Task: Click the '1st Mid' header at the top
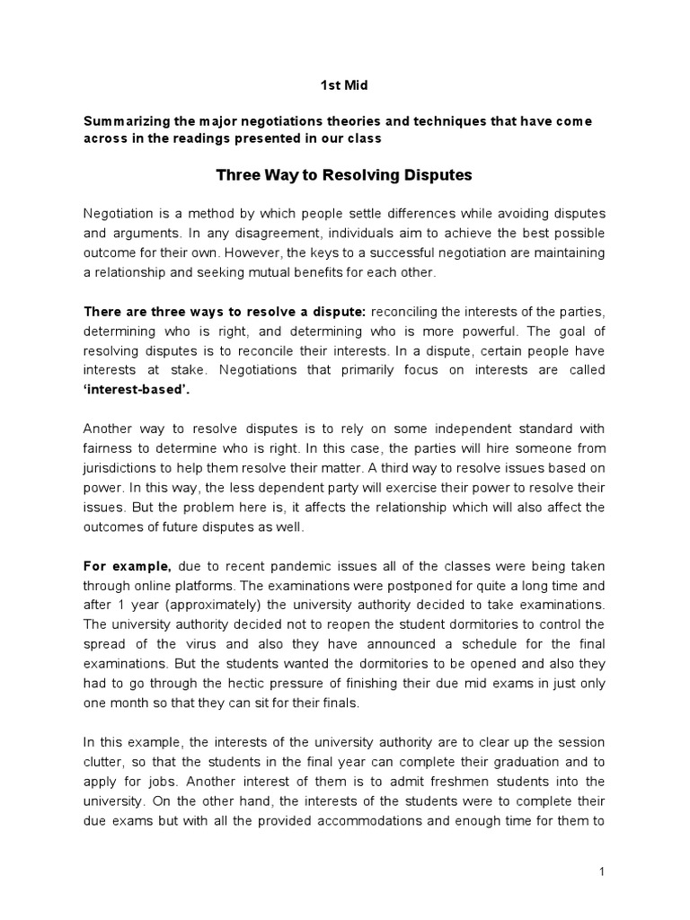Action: click(345, 85)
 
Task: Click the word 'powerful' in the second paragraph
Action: click(502, 331)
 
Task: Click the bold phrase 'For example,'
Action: click(128, 567)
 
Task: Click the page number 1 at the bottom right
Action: click(606, 872)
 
